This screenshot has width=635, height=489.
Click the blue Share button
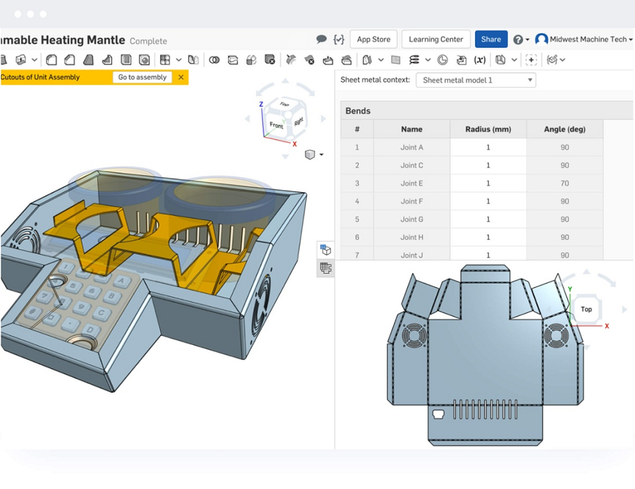[491, 39]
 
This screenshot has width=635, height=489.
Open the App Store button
[373, 39]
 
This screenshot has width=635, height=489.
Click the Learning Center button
[436, 39]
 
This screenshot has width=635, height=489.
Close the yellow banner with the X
[181, 77]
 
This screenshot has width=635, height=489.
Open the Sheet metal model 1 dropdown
[476, 80]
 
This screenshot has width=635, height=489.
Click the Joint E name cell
[411, 183]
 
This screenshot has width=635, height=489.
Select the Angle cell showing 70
[565, 183]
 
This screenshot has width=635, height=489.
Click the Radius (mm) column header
[488, 129]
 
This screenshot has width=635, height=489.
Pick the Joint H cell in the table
[411, 237]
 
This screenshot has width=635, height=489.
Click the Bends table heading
[358, 111]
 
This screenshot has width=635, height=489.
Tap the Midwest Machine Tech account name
[587, 39]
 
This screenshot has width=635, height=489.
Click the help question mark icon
[518, 39]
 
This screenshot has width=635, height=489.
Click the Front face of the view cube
[276, 126]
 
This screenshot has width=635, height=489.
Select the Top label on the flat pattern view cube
[586, 310]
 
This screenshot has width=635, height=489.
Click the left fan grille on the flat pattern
[413, 335]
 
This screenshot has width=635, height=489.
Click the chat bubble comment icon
[321, 39]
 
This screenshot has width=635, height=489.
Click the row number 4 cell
[357, 202]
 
